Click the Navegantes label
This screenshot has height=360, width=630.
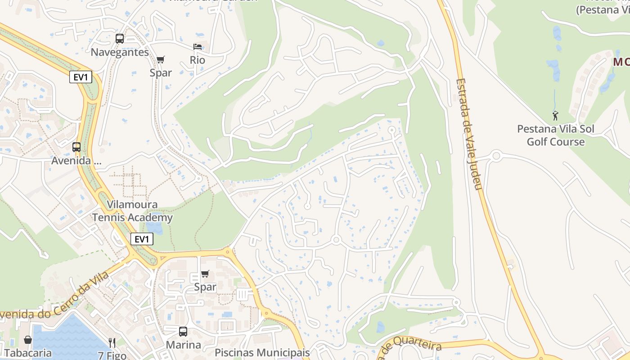click(x=120, y=52)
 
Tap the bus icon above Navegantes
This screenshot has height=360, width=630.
click(x=119, y=39)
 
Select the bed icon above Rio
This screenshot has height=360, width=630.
click(x=198, y=47)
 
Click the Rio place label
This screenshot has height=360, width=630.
click(x=198, y=60)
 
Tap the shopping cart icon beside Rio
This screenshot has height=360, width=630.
click(x=161, y=59)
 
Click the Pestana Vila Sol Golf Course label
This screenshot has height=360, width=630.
click(x=556, y=135)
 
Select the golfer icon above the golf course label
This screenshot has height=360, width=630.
click(x=555, y=116)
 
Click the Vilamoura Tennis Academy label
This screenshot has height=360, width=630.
click(x=132, y=211)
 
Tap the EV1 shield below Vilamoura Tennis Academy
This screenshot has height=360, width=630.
click(x=142, y=239)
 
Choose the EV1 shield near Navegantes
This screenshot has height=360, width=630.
click(x=81, y=77)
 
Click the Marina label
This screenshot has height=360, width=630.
click(x=183, y=345)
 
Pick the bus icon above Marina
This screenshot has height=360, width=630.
click(x=183, y=332)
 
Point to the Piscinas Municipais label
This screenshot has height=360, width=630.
click(x=262, y=352)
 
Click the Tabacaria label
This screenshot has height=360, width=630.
click(x=28, y=353)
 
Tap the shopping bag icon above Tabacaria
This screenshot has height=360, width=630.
click(x=28, y=340)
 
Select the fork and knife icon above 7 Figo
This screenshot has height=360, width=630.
click(x=112, y=343)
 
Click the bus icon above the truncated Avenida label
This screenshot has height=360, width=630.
click(x=76, y=147)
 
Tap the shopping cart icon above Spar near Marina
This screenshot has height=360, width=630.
click(x=205, y=274)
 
